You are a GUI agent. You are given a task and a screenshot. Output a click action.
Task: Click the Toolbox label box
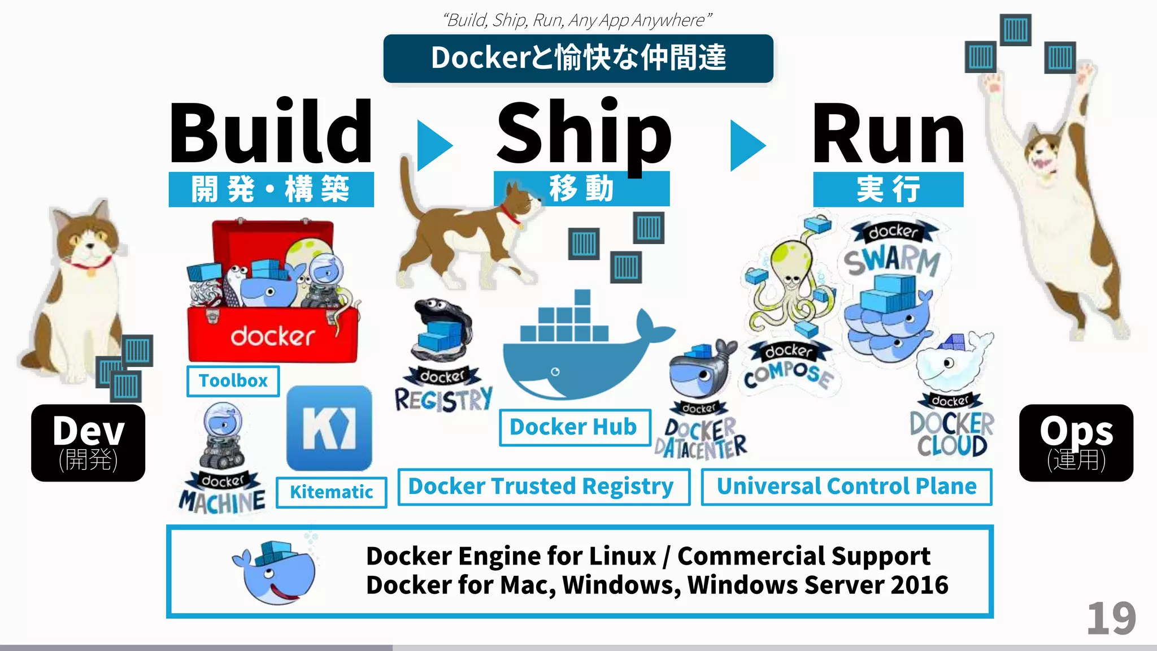click(x=233, y=381)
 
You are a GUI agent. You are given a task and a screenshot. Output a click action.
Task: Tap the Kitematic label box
click(x=332, y=492)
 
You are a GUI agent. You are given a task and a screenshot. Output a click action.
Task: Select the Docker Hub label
click(x=574, y=427)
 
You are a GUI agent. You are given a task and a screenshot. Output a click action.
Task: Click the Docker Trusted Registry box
click(x=543, y=487)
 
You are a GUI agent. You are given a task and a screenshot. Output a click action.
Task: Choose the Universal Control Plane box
click(x=846, y=487)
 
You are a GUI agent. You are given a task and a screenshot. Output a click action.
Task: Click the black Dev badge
click(x=88, y=442)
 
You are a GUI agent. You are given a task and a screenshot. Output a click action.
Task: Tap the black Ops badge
click(x=1076, y=442)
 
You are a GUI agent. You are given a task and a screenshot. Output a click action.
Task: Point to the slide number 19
click(x=1111, y=619)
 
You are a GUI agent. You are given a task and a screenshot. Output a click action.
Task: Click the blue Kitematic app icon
click(x=329, y=428)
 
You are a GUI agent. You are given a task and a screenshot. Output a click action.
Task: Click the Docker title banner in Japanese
click(x=578, y=58)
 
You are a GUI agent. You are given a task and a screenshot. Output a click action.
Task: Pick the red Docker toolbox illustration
click(x=272, y=294)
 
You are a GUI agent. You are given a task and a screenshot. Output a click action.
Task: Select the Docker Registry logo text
click(x=443, y=399)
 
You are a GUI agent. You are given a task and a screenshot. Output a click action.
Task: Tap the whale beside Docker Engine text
click(x=276, y=572)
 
